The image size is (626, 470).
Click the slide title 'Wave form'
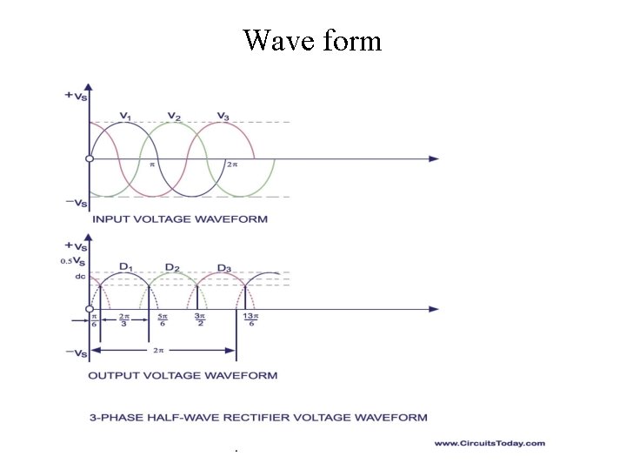tap(312, 40)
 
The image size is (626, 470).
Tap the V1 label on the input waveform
tap(125, 117)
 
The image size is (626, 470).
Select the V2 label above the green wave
tap(174, 117)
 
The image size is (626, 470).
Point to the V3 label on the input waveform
tap(223, 117)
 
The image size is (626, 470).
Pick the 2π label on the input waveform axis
tap(231, 164)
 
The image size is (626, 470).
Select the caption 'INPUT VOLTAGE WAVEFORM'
tap(180, 218)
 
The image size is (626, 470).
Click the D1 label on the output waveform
tap(125, 266)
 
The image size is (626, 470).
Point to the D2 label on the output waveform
tap(173, 266)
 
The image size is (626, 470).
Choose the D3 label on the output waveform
tap(223, 266)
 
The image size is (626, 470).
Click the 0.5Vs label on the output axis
tap(73, 260)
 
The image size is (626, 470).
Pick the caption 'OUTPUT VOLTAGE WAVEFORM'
tap(183, 375)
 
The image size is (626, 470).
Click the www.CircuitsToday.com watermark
tap(489, 443)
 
